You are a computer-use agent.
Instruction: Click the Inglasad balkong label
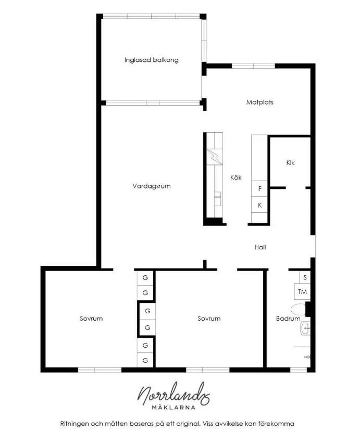(x=151, y=60)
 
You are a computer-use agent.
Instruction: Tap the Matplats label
(x=259, y=102)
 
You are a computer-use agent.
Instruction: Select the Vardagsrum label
(x=152, y=186)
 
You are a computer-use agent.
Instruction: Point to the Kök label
(x=236, y=177)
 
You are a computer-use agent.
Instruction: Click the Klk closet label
(x=290, y=163)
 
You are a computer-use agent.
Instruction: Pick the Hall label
(x=260, y=247)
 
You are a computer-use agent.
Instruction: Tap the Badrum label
(x=288, y=319)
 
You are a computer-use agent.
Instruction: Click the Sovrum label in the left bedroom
(x=91, y=319)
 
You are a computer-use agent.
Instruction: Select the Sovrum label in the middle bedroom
(x=209, y=319)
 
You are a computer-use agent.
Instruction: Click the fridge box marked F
(x=259, y=188)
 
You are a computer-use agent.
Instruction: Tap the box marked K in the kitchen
(x=259, y=205)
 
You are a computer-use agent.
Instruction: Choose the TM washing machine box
(x=302, y=291)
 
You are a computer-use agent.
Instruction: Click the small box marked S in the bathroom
(x=305, y=277)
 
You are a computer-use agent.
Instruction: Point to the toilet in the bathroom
(x=299, y=309)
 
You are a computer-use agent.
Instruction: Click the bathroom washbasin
(x=305, y=328)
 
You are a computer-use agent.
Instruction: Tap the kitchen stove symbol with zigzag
(x=215, y=157)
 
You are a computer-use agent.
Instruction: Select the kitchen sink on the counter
(x=218, y=199)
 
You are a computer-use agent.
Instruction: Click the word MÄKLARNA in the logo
(x=173, y=407)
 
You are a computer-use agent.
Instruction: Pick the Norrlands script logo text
(x=173, y=394)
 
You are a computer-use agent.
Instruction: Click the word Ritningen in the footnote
(x=73, y=424)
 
